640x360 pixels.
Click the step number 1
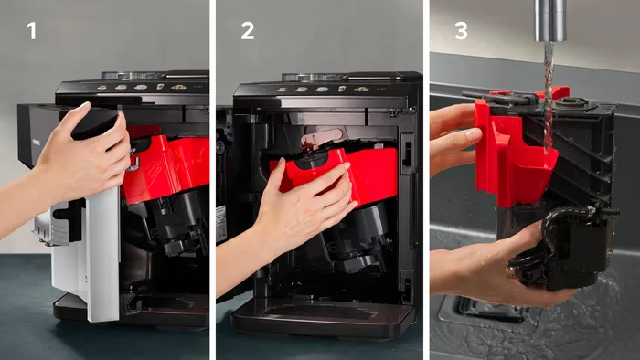pos(32,31)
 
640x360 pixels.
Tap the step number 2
pos(248,31)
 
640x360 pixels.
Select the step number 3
pos(461,31)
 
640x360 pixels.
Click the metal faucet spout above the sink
pos(550,20)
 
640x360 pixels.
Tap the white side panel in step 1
pos(102,253)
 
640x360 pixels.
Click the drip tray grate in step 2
pos(318,312)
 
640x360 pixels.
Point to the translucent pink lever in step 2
pos(321,138)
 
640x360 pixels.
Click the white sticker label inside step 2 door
pos(221,223)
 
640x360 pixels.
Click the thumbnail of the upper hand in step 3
pos(474,134)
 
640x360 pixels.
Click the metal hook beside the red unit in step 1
pos(133,162)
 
